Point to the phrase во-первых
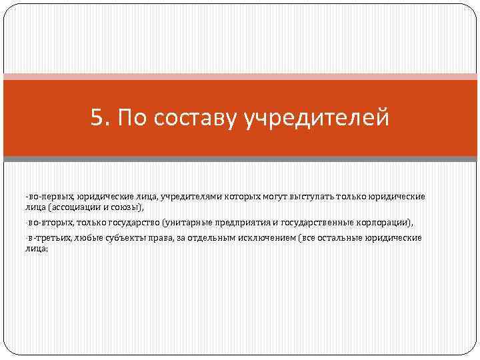(x=50, y=197)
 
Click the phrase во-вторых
(x=49, y=223)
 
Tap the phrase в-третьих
(x=50, y=238)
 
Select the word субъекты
(x=121, y=238)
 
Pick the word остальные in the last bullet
(x=334, y=238)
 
